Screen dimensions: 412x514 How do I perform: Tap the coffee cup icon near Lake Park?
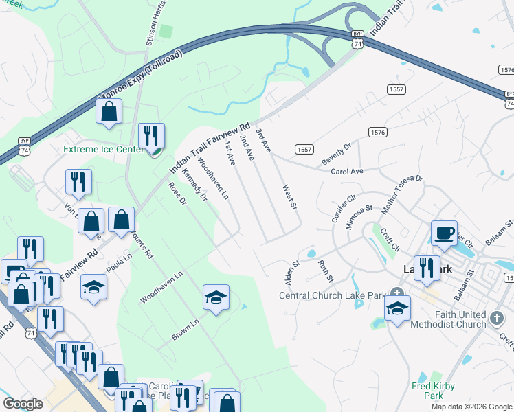[x=445, y=233]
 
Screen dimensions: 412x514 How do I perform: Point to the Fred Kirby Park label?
[x=433, y=390]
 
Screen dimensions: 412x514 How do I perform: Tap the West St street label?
[x=290, y=196]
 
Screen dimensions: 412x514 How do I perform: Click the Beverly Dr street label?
[x=336, y=153]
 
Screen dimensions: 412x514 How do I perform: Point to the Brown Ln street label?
[x=185, y=329]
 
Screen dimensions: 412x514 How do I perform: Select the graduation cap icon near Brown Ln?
[x=216, y=297]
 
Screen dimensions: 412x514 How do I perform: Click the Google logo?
[x=23, y=404]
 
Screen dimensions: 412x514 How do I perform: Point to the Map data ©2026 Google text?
[x=472, y=407]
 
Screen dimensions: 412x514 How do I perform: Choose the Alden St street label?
[x=292, y=273]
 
